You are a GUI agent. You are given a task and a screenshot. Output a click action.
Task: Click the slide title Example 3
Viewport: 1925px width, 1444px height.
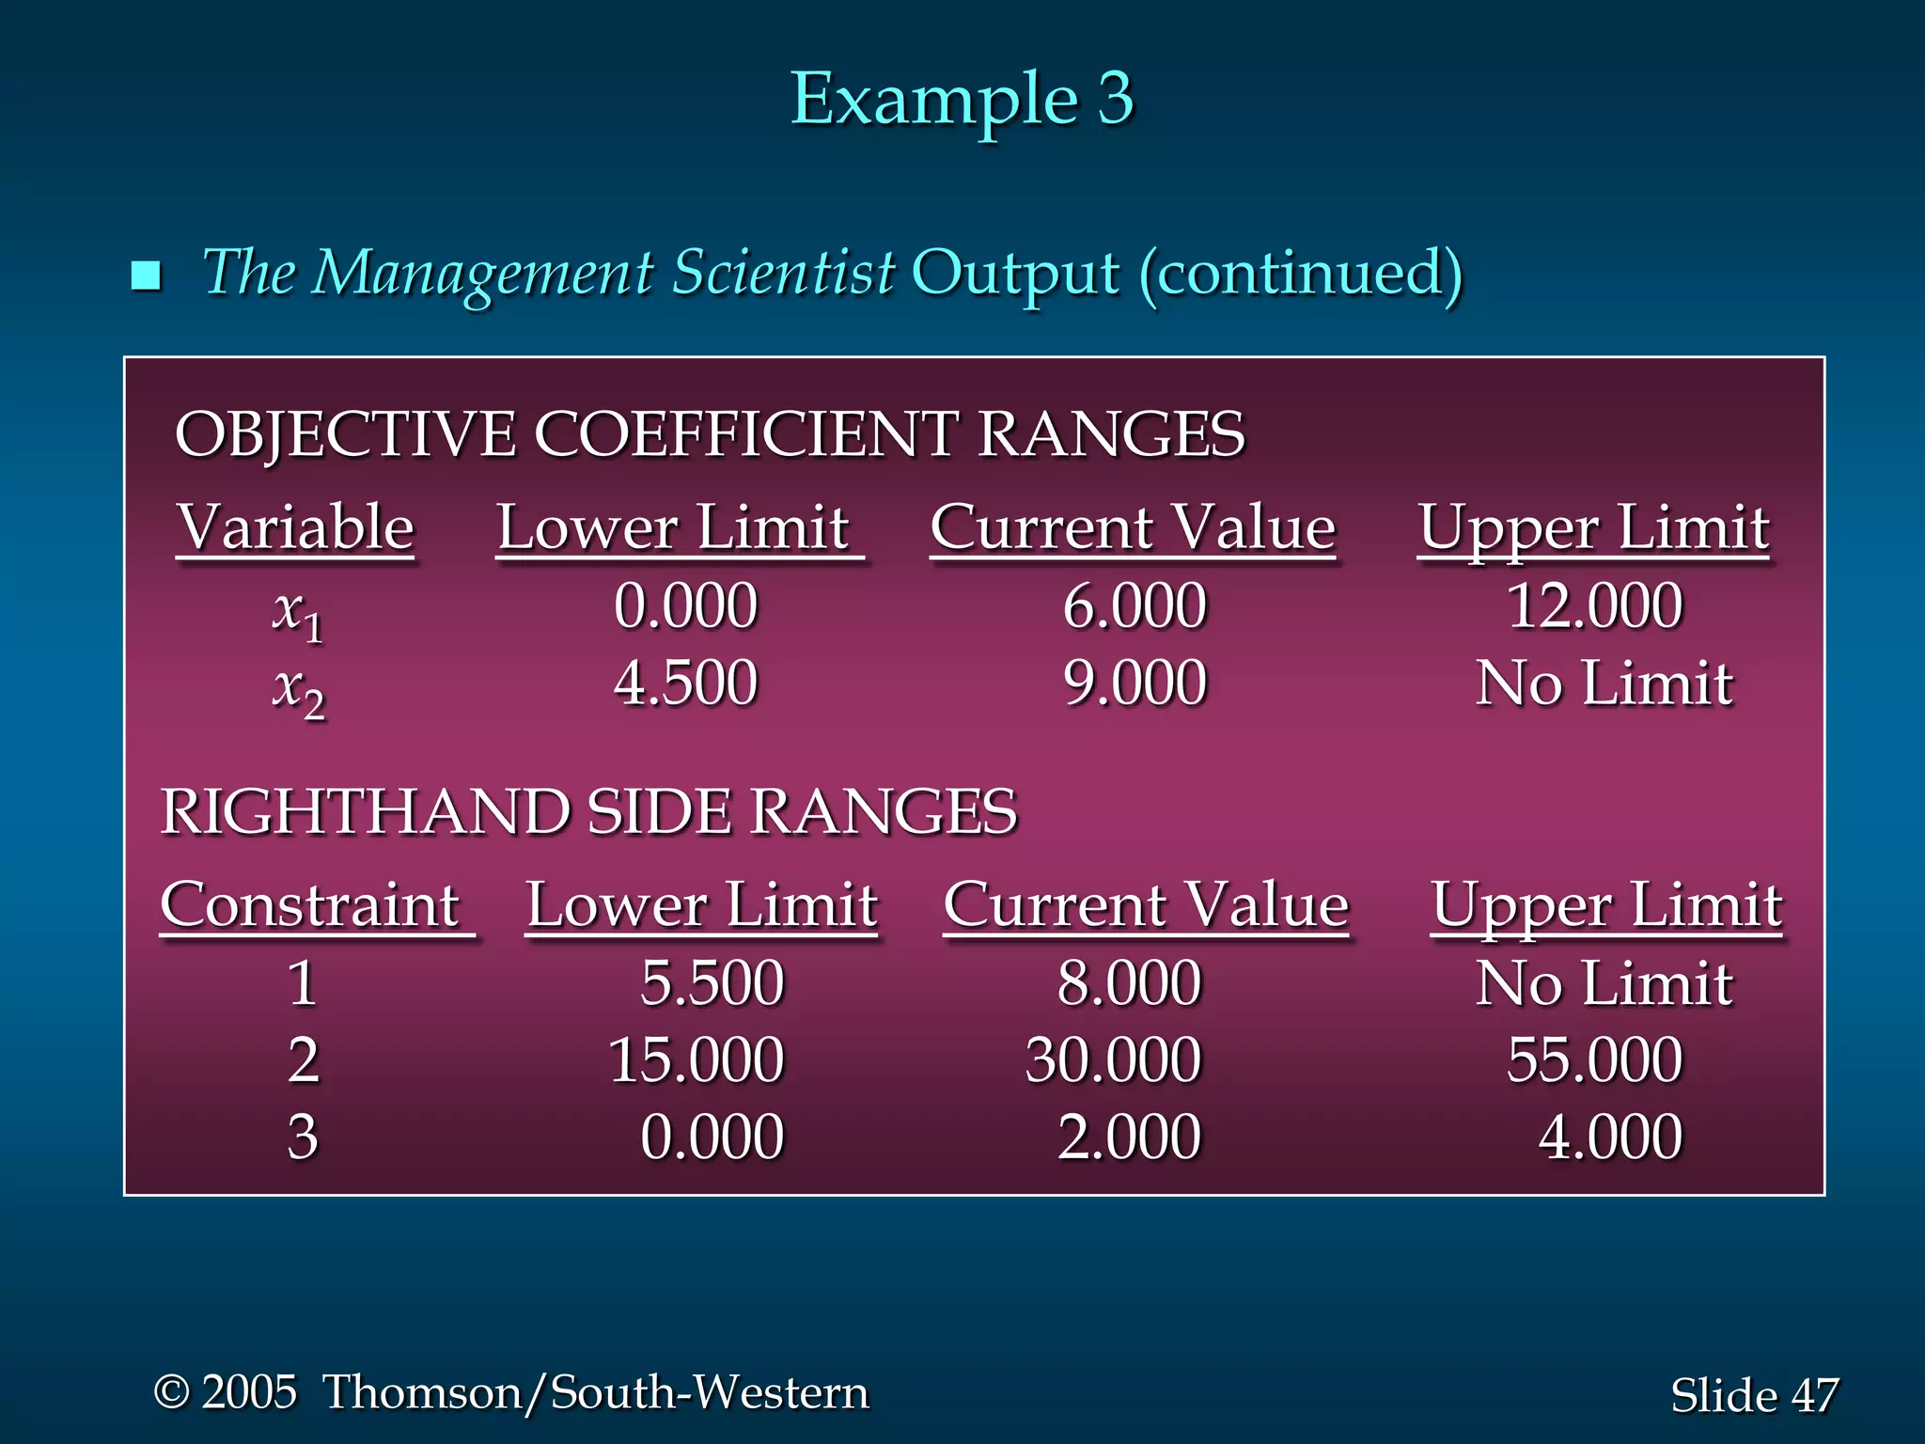(962, 99)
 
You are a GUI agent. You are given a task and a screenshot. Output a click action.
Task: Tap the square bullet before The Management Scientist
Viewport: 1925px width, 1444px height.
(147, 275)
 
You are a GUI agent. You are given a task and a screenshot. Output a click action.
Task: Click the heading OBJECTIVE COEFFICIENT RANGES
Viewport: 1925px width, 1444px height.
(710, 434)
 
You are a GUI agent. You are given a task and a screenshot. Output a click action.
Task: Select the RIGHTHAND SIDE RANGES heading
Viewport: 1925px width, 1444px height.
(588, 811)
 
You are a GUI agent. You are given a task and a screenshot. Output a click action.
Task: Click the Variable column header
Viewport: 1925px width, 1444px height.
(295, 527)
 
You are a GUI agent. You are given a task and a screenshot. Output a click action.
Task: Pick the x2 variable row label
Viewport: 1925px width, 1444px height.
(298, 690)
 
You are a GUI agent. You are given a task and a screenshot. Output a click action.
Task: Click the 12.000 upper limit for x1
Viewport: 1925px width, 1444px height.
(1595, 605)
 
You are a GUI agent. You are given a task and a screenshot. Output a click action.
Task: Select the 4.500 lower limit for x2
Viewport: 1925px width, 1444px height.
(685, 683)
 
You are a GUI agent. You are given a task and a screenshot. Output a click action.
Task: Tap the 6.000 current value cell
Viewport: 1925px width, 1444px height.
(1135, 605)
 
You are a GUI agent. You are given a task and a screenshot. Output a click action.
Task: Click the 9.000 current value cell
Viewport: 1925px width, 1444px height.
(1135, 683)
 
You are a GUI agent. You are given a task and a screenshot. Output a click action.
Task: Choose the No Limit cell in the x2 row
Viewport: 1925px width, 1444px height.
(1604, 683)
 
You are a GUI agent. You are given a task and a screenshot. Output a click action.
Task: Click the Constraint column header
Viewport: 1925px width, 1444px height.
(310, 905)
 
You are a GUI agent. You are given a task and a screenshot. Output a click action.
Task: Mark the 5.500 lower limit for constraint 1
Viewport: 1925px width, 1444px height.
(712, 983)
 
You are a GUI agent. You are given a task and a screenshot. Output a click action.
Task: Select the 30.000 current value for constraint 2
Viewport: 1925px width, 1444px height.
(1113, 1060)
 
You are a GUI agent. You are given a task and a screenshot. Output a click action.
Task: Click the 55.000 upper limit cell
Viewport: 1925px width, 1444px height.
(1595, 1060)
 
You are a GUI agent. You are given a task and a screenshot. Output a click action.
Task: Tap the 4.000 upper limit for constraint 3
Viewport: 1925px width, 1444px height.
(1610, 1138)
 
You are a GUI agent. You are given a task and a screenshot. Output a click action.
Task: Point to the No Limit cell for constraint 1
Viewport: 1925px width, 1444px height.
(1604, 983)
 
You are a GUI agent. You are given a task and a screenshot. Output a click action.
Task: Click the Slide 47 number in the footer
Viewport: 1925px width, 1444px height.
(1754, 1395)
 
